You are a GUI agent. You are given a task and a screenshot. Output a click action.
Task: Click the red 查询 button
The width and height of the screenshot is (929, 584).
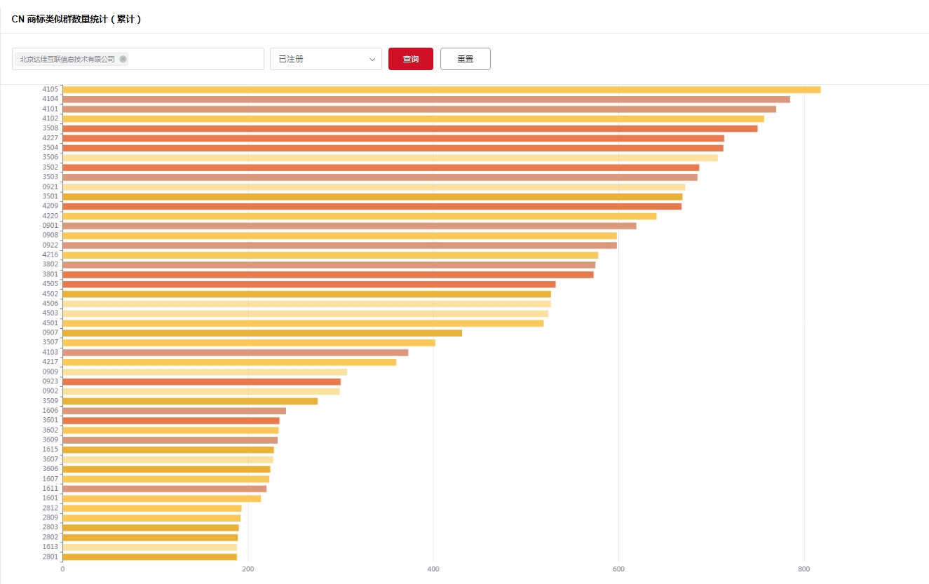410,59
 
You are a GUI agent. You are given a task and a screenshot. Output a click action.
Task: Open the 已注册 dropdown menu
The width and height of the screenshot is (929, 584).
325,59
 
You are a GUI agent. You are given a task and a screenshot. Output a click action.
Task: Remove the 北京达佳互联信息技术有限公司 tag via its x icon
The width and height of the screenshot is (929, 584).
123,60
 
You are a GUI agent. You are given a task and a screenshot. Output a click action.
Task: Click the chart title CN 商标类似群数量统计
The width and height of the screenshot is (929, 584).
76,19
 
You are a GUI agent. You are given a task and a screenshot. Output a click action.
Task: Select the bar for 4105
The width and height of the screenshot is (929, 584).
441,90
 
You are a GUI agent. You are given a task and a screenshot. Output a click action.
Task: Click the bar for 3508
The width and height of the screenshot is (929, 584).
409,128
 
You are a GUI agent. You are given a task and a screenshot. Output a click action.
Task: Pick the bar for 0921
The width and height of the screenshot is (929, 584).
374,187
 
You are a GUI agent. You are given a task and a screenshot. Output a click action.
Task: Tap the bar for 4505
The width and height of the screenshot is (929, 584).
308,284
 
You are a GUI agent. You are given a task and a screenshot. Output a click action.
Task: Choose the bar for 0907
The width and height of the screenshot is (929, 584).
262,333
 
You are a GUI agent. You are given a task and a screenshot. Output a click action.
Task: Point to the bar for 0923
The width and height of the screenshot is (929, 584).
201,381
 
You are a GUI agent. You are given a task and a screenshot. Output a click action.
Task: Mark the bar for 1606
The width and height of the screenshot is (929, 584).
174,411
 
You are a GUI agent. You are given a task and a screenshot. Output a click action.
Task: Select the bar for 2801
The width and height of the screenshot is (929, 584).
149,557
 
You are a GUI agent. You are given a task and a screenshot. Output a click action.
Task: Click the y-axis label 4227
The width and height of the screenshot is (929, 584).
50,138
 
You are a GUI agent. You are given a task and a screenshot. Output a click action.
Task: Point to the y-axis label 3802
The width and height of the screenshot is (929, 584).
50,264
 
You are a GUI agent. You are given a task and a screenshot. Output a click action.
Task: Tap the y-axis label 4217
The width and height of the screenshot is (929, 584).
50,362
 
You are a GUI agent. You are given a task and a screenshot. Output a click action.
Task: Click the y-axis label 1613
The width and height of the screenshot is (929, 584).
50,547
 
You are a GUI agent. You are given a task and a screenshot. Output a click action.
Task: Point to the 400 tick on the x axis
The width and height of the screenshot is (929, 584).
433,569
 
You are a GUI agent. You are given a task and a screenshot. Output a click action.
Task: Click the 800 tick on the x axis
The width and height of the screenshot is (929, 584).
804,569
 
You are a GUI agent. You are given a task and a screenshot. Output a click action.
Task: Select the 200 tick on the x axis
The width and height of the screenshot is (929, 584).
247,569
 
